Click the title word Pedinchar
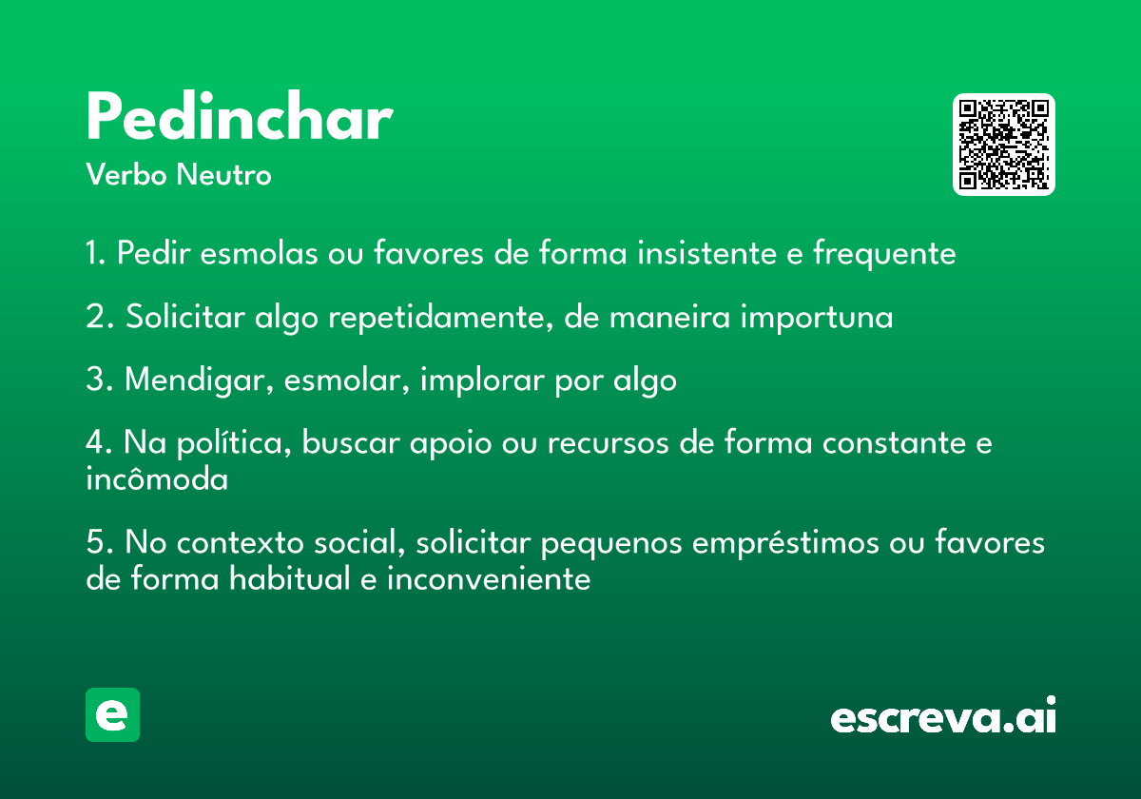tap(240, 116)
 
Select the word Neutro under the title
tap(223, 174)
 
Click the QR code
tap(1003, 145)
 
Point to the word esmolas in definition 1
tap(260, 253)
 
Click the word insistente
tap(707, 253)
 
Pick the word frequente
tap(884, 254)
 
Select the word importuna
tap(817, 318)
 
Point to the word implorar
tap(482, 380)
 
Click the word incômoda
tap(157, 479)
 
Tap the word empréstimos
tap(785, 543)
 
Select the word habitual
tap(290, 578)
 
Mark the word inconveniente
tap(489, 578)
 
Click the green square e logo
tap(112, 714)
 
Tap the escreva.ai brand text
tap(943, 715)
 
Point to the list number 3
tap(98, 380)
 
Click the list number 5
tap(99, 542)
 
